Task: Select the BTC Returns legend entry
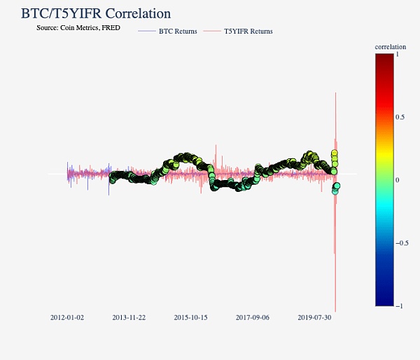178,32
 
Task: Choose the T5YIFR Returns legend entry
248,32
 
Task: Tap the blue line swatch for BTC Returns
147,32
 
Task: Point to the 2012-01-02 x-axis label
67,317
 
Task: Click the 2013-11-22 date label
129,317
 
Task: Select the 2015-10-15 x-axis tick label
190,317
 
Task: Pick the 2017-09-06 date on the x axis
253,317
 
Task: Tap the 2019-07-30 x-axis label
314,317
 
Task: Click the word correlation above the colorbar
391,47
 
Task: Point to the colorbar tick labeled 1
397,53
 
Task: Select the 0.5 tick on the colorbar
400,117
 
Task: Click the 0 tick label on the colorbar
397,180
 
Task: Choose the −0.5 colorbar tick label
400,243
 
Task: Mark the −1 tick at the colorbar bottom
398,306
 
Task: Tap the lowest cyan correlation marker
335,192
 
